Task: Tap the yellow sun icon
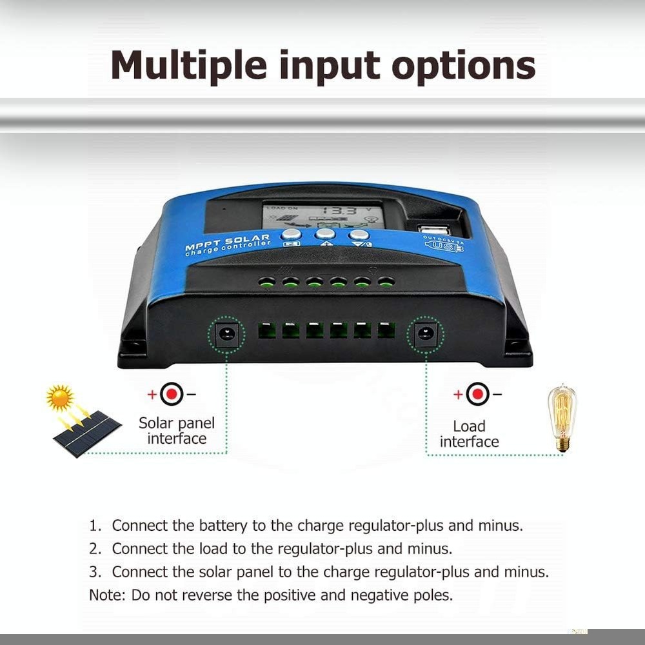60,398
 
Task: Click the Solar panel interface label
176,431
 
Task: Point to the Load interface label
469,434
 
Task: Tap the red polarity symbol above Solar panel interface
172,393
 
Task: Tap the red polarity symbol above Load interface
477,393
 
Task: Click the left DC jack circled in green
226,334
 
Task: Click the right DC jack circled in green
425,334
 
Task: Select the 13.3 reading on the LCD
339,211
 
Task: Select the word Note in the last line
106,595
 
